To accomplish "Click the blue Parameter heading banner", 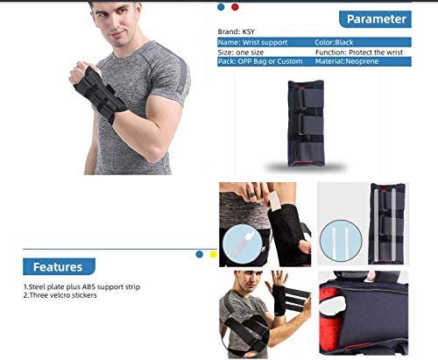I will tap(374, 18).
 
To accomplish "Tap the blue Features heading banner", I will tap(58, 266).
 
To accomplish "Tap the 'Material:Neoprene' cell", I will tap(347, 62).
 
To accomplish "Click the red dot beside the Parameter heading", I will tap(234, 7).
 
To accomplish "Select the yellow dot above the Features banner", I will tap(210, 254).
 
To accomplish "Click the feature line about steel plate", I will tap(81, 286).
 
